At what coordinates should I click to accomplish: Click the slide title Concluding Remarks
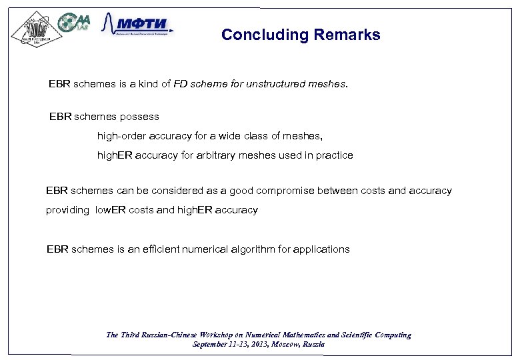tap(301, 35)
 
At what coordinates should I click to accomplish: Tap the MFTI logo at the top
tap(137, 26)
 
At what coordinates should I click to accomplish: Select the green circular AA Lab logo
tap(73, 23)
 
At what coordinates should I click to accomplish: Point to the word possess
tap(139, 117)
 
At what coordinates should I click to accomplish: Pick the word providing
tap(67, 210)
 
